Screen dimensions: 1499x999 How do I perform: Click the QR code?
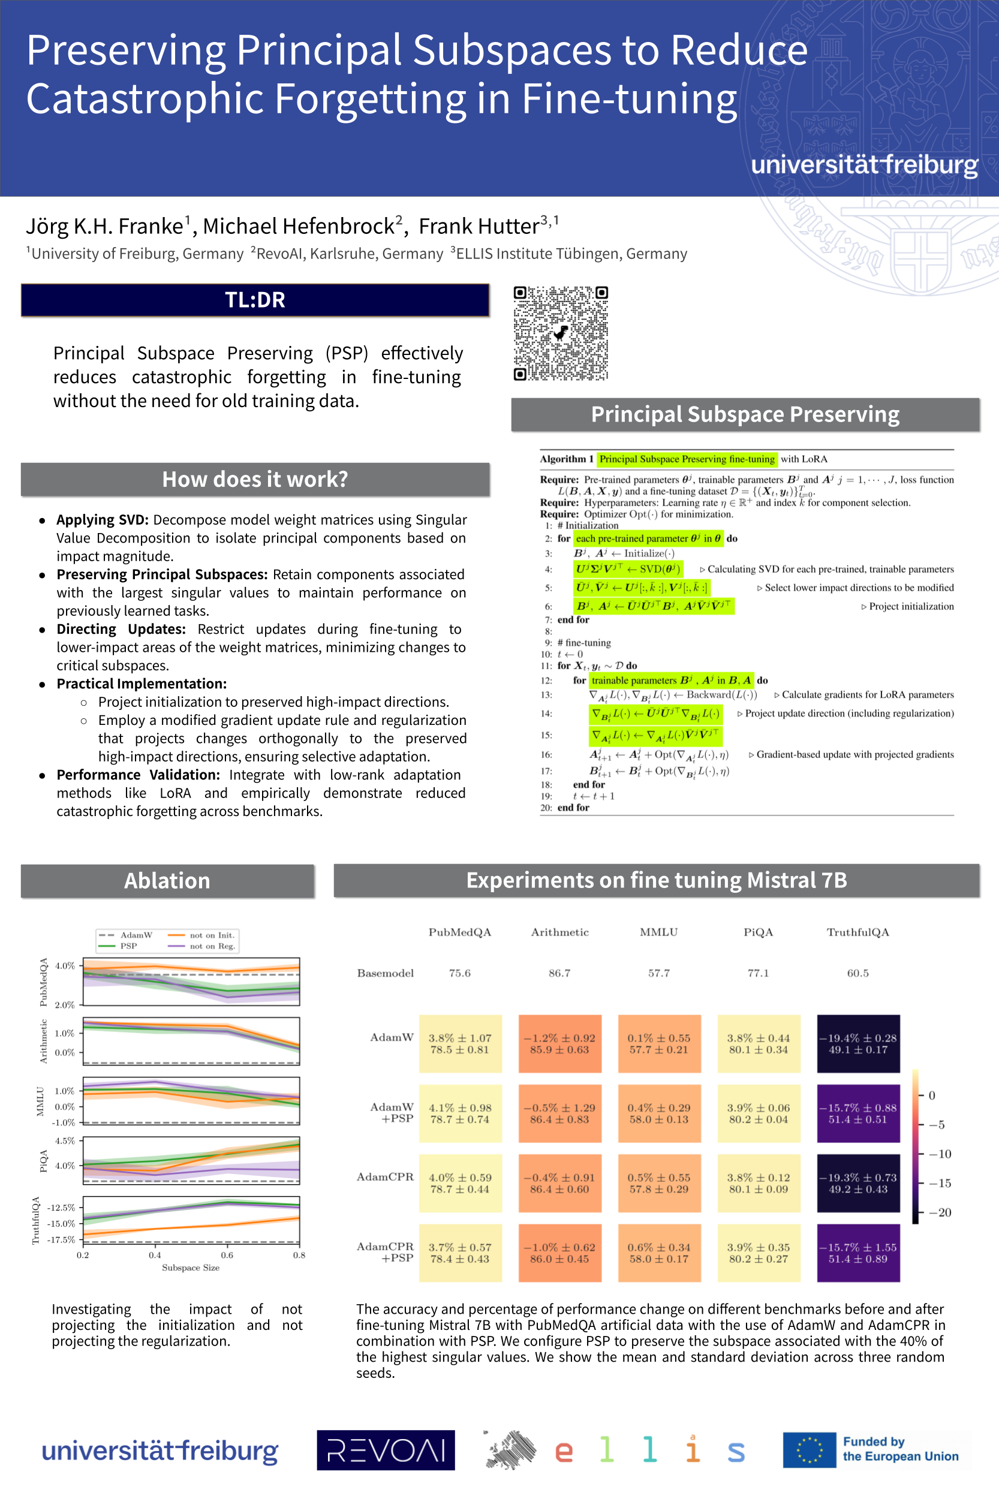coord(561,333)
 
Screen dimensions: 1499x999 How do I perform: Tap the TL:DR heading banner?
coord(255,300)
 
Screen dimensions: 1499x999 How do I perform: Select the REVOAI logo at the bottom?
coord(386,1450)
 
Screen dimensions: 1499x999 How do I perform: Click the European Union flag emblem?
coord(809,1450)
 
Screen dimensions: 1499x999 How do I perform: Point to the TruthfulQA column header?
coord(857,932)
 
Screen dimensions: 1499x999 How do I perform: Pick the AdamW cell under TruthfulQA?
coord(858,1043)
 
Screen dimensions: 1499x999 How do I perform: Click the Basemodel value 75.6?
coord(459,973)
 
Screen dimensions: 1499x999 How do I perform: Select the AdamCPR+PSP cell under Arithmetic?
coord(559,1253)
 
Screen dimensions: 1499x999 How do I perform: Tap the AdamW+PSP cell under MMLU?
coord(659,1113)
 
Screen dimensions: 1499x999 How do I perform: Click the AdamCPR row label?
coord(385,1176)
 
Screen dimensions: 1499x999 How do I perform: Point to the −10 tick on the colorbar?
coord(940,1154)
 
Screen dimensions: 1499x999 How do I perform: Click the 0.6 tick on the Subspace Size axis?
coord(227,1255)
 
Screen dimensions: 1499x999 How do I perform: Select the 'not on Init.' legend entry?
coord(212,935)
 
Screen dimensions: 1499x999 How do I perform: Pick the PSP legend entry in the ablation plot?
coord(128,946)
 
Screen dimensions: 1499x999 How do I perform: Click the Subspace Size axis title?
coord(191,1268)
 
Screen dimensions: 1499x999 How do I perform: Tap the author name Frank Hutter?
coord(479,226)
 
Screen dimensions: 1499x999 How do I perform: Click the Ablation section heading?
coord(167,880)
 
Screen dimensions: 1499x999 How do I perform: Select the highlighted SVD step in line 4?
coord(628,569)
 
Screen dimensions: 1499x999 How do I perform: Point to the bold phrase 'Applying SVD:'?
coord(103,520)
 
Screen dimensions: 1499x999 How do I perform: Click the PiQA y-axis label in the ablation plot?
coord(43,1161)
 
